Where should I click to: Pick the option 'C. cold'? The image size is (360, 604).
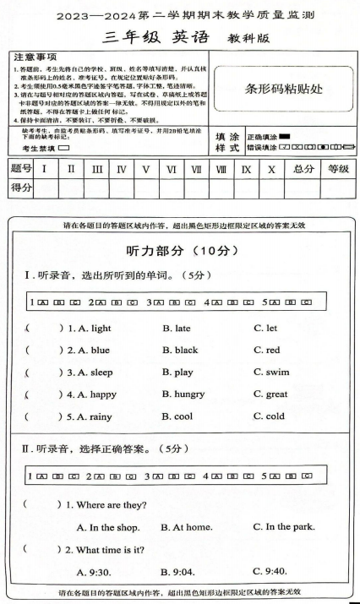pos(269,416)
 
